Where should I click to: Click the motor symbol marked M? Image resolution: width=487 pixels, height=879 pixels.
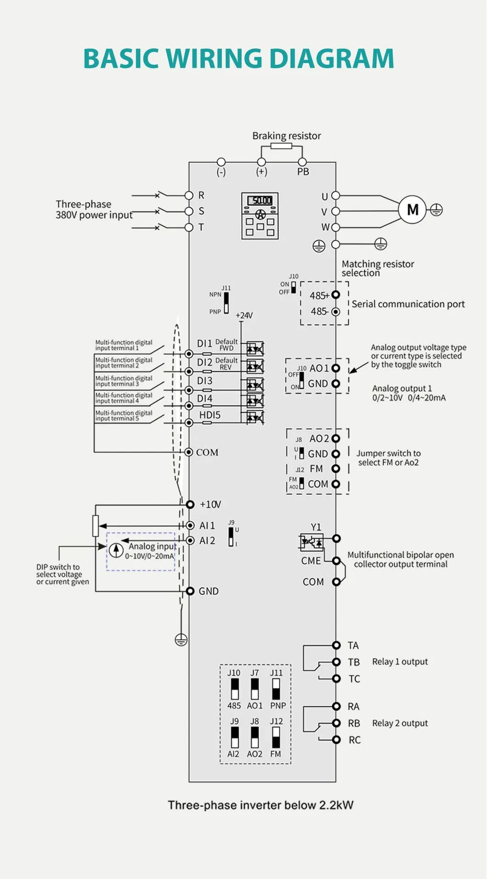click(x=412, y=210)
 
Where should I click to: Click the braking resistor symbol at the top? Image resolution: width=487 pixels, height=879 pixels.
click(x=281, y=146)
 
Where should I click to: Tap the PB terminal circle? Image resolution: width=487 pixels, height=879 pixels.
click(x=302, y=162)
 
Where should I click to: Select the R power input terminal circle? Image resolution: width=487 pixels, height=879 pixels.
click(x=189, y=195)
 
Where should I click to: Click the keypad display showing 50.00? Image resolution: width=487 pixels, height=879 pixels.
click(x=260, y=201)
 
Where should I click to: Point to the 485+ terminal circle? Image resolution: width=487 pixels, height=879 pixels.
click(x=336, y=295)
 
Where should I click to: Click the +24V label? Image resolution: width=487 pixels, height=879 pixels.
click(x=244, y=316)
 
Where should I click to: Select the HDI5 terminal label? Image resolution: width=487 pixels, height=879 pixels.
click(x=210, y=415)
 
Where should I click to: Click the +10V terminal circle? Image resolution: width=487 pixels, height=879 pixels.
click(x=190, y=505)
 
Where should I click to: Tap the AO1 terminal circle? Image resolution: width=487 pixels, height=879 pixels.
click(x=336, y=368)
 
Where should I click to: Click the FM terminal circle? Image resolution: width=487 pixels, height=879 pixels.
click(x=336, y=469)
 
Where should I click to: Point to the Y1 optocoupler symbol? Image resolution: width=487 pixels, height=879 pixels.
click(x=311, y=543)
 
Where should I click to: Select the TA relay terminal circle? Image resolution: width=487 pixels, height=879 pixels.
click(x=336, y=645)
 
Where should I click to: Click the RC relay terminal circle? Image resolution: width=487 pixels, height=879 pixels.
click(x=336, y=740)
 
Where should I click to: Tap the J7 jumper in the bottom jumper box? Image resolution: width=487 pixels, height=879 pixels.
click(x=255, y=689)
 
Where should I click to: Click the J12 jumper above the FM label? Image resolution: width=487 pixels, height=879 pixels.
click(x=276, y=737)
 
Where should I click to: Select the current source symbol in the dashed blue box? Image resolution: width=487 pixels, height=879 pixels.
click(x=116, y=550)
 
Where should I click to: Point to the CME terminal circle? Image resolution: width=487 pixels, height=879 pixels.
click(x=336, y=561)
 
